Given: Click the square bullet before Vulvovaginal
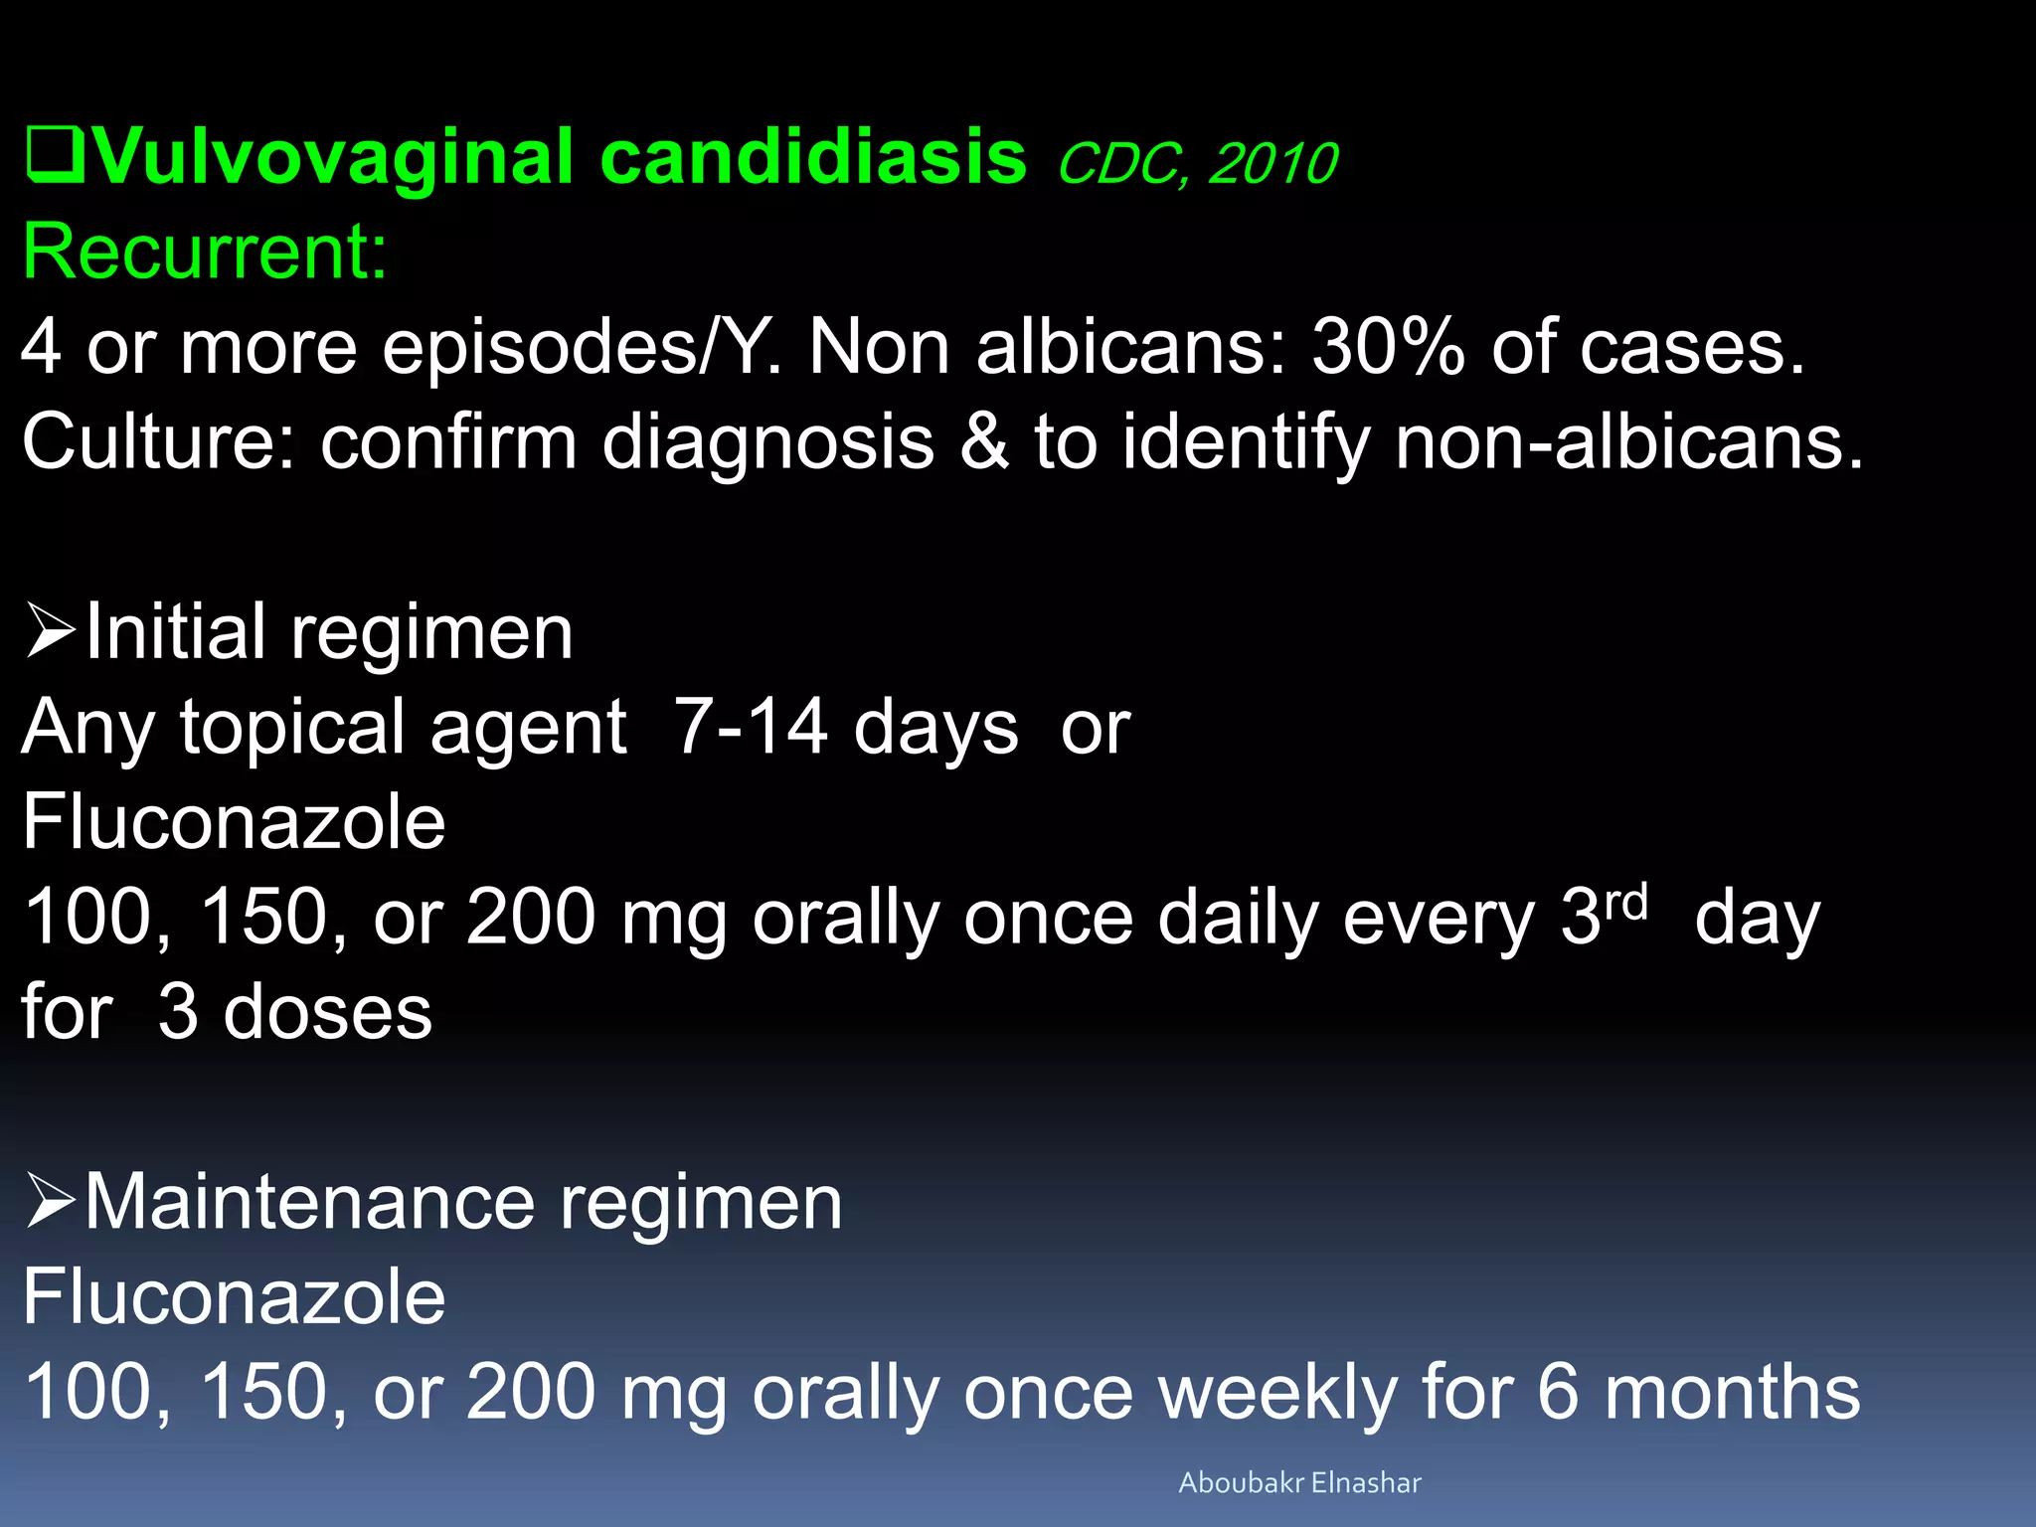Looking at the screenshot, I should [55, 157].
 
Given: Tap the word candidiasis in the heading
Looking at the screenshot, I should [813, 157].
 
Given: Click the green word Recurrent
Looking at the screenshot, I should [205, 253].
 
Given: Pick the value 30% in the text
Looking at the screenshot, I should [1388, 348].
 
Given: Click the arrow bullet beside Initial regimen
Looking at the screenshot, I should [51, 631].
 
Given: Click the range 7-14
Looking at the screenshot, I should [751, 727].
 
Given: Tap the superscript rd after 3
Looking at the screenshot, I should [1626, 902].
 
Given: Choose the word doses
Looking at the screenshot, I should [328, 1012].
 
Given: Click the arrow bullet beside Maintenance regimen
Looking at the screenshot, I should [51, 1201].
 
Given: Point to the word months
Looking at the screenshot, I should [1732, 1393].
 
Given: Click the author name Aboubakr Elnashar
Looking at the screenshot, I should [1299, 1483].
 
